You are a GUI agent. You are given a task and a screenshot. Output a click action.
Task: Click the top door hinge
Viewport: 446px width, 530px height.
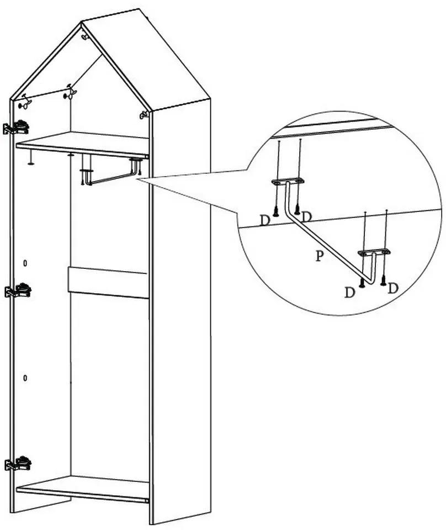[x=16, y=127]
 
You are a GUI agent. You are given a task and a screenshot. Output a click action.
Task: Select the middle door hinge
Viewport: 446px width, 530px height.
[x=18, y=290]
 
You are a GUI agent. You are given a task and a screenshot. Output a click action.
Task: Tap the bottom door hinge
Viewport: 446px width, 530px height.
[x=18, y=463]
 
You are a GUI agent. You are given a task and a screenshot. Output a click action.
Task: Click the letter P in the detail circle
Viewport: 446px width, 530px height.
[x=319, y=256]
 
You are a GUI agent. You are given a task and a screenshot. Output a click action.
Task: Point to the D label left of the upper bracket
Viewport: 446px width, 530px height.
[x=265, y=221]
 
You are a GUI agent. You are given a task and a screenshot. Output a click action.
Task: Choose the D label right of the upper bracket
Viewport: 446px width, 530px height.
[x=306, y=216]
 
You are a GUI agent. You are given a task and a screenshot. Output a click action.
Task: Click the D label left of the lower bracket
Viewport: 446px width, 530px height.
[x=350, y=293]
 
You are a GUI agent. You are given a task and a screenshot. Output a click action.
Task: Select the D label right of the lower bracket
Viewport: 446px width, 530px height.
[x=392, y=288]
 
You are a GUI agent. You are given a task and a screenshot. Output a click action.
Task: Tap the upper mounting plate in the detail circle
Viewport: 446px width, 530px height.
[x=288, y=181]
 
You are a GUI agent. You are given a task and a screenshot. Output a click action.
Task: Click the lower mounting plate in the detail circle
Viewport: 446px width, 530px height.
[x=374, y=252]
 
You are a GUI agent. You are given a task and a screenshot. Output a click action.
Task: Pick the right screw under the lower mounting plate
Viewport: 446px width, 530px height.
[x=383, y=280]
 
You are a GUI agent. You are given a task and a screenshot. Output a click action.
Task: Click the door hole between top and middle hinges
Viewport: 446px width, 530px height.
[x=25, y=263]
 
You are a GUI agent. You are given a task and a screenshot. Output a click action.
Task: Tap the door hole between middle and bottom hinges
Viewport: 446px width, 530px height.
[x=25, y=378]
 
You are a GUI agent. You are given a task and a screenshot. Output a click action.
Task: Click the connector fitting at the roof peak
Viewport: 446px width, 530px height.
[x=84, y=35]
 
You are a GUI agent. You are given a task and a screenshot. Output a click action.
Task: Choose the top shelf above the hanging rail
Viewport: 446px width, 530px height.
[x=83, y=145]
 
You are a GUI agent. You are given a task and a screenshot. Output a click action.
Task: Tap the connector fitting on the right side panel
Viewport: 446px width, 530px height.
[x=144, y=115]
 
